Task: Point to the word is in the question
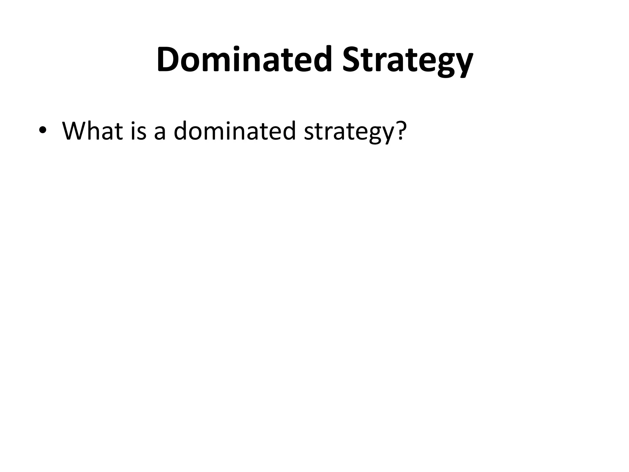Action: click(139, 131)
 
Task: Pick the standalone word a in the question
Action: click(160, 133)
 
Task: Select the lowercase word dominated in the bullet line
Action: click(234, 131)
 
